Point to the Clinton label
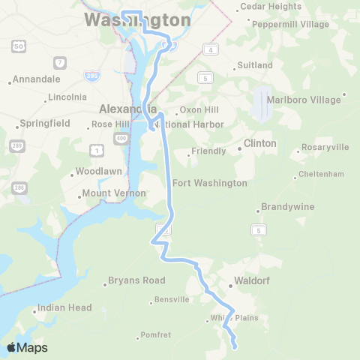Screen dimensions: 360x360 (259, 143)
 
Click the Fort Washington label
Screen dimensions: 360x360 (209, 183)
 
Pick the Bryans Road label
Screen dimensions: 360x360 (136, 280)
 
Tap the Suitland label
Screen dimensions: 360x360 (254, 65)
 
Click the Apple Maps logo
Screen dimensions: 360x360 (27, 348)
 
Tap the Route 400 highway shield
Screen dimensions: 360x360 (121, 139)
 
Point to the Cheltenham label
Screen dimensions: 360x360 (321, 174)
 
